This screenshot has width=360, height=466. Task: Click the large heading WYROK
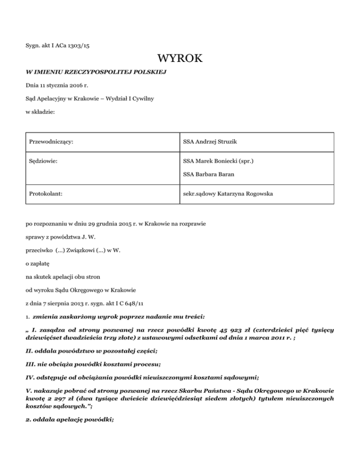point(180,60)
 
